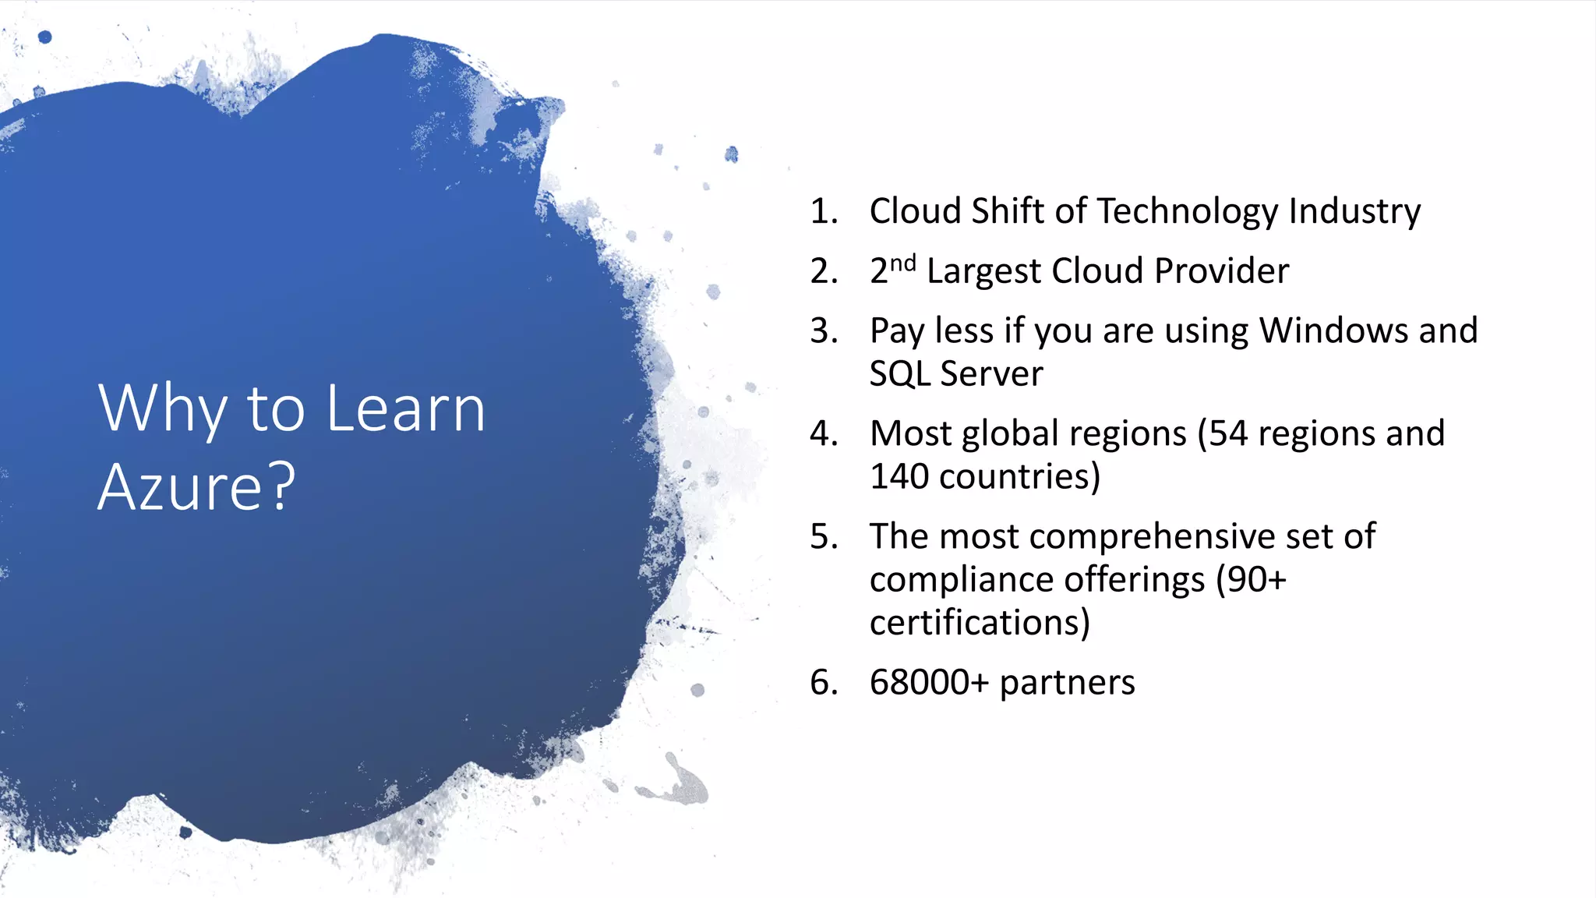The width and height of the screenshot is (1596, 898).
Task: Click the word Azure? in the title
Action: click(x=196, y=486)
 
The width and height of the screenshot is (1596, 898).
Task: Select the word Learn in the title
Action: click(x=405, y=408)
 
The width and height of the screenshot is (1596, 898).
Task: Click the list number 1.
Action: click(x=823, y=211)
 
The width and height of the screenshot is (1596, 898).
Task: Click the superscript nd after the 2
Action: click(x=902, y=263)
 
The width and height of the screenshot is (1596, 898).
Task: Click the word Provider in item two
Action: click(x=1221, y=271)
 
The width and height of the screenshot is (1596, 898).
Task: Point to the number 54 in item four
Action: click(x=1227, y=433)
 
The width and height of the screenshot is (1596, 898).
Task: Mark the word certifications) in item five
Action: click(x=980, y=623)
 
